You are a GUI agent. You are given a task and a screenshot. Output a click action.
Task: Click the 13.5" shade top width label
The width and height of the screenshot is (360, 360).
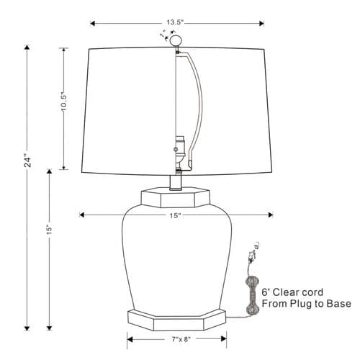(175, 22)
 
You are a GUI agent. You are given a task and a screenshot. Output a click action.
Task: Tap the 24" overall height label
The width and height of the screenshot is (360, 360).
(27, 161)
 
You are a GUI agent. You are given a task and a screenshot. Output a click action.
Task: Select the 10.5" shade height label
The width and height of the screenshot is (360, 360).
(63, 102)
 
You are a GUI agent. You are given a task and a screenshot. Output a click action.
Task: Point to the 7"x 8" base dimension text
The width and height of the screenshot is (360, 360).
(181, 339)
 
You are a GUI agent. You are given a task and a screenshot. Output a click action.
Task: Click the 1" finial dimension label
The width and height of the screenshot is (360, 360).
(163, 34)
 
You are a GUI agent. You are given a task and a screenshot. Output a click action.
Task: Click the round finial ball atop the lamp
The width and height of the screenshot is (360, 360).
(175, 40)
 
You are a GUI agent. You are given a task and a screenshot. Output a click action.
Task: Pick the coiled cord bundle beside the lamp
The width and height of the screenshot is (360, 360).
(252, 295)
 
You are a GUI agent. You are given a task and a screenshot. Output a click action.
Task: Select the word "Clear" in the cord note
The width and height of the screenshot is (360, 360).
(284, 292)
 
